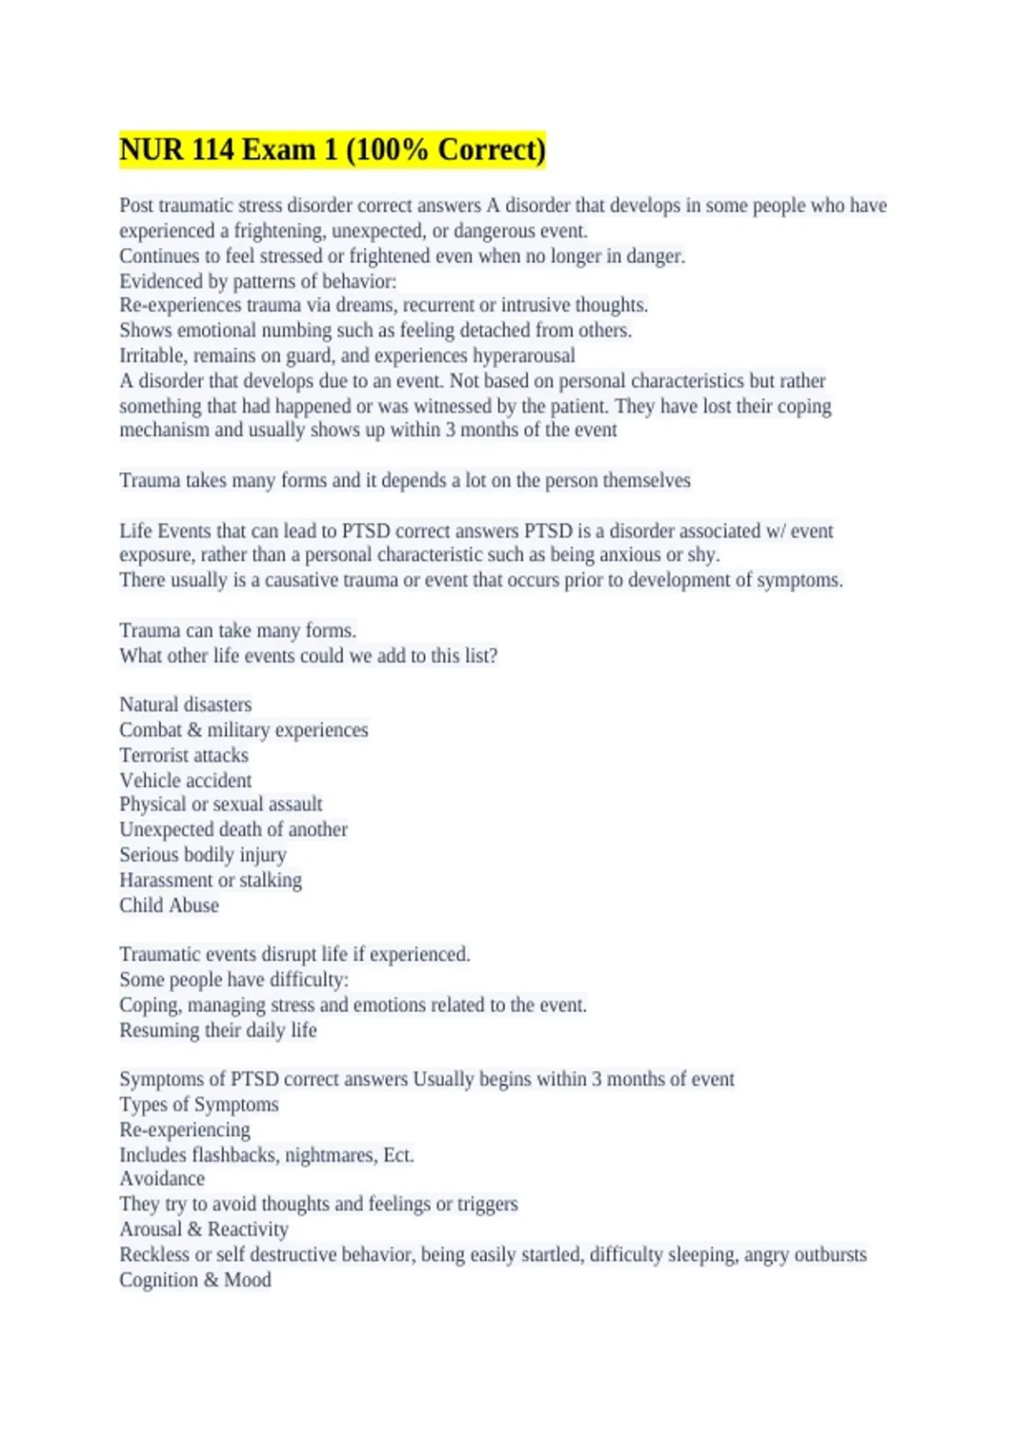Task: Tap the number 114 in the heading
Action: pos(213,150)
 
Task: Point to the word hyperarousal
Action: pos(523,356)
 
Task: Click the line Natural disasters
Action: pos(186,705)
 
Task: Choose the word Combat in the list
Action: pos(150,730)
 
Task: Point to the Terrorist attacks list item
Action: pos(184,755)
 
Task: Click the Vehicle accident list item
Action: pos(186,781)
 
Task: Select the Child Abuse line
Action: pos(169,905)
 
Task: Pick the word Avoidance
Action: pos(162,1178)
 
